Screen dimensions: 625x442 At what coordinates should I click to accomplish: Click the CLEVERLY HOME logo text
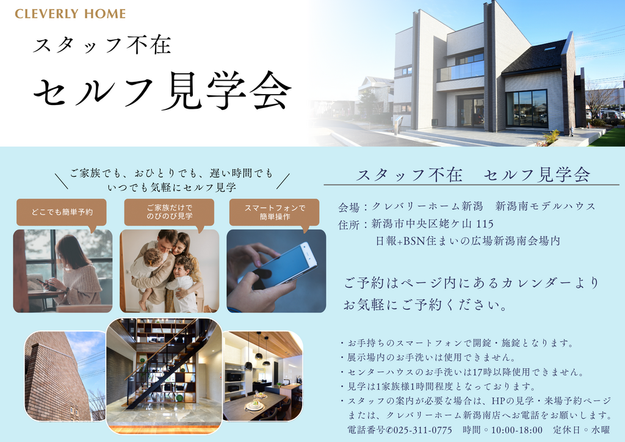tap(70, 13)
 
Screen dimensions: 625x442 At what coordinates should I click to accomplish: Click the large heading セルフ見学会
tap(162, 92)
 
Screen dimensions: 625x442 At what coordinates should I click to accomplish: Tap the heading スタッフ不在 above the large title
tap(102, 45)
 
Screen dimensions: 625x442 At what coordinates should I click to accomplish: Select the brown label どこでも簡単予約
tap(62, 212)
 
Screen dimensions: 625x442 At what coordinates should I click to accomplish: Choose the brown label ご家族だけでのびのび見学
tap(170, 212)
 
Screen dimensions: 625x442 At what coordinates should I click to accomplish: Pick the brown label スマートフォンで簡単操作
tap(275, 212)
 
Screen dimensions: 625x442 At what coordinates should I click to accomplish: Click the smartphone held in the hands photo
tap(281, 265)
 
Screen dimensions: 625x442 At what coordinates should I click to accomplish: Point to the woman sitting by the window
tap(74, 271)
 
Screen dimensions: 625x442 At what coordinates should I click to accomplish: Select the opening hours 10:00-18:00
tap(516, 430)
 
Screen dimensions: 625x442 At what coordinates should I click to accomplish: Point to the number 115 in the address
tap(485, 224)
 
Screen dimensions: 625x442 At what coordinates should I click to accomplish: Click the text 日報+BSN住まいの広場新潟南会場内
tap(468, 241)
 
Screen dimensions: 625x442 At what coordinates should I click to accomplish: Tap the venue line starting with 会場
tap(467, 206)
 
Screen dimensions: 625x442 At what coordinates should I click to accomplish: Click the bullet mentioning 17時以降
tap(461, 372)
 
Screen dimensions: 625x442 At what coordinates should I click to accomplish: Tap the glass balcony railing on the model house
tap(461, 72)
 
